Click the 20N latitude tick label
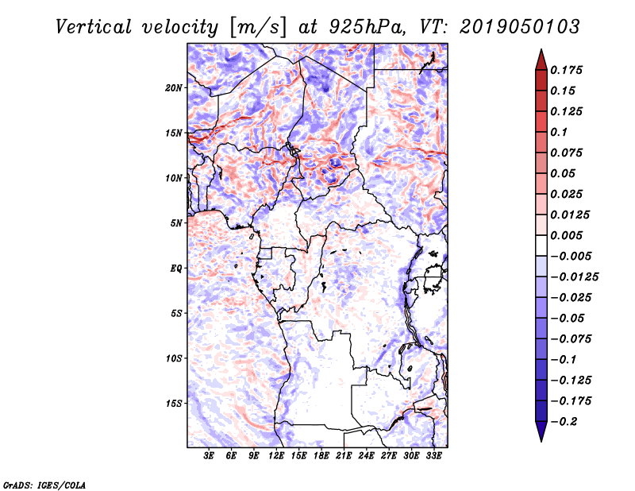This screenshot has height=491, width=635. [174, 87]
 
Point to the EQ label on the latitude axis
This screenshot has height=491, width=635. [175, 268]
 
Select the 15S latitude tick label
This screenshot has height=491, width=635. [174, 403]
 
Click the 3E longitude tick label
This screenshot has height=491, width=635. [210, 455]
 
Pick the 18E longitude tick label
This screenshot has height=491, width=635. [321, 455]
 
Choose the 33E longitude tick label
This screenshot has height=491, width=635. [433, 455]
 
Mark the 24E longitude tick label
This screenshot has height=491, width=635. [366, 455]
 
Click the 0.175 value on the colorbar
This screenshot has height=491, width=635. [568, 70]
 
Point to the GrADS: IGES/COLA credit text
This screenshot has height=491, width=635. [33, 484]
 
